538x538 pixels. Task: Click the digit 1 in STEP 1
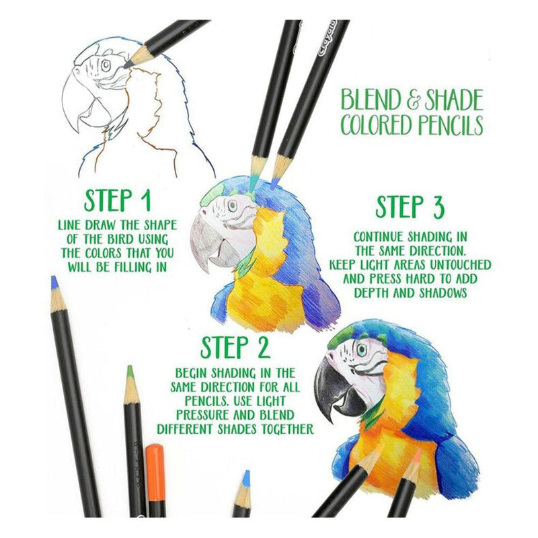click(x=146, y=200)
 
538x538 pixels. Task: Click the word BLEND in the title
click(x=372, y=100)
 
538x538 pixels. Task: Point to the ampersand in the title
click(x=414, y=100)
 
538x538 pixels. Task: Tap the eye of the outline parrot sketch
click(x=106, y=65)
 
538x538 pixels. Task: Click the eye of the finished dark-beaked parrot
click(x=361, y=350)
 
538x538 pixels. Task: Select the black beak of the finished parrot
click(x=338, y=388)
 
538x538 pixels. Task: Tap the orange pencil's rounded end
click(x=154, y=449)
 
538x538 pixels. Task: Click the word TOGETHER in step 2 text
click(x=288, y=429)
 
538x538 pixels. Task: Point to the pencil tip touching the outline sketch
click(x=126, y=65)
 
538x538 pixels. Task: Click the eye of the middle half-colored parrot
click(x=232, y=205)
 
